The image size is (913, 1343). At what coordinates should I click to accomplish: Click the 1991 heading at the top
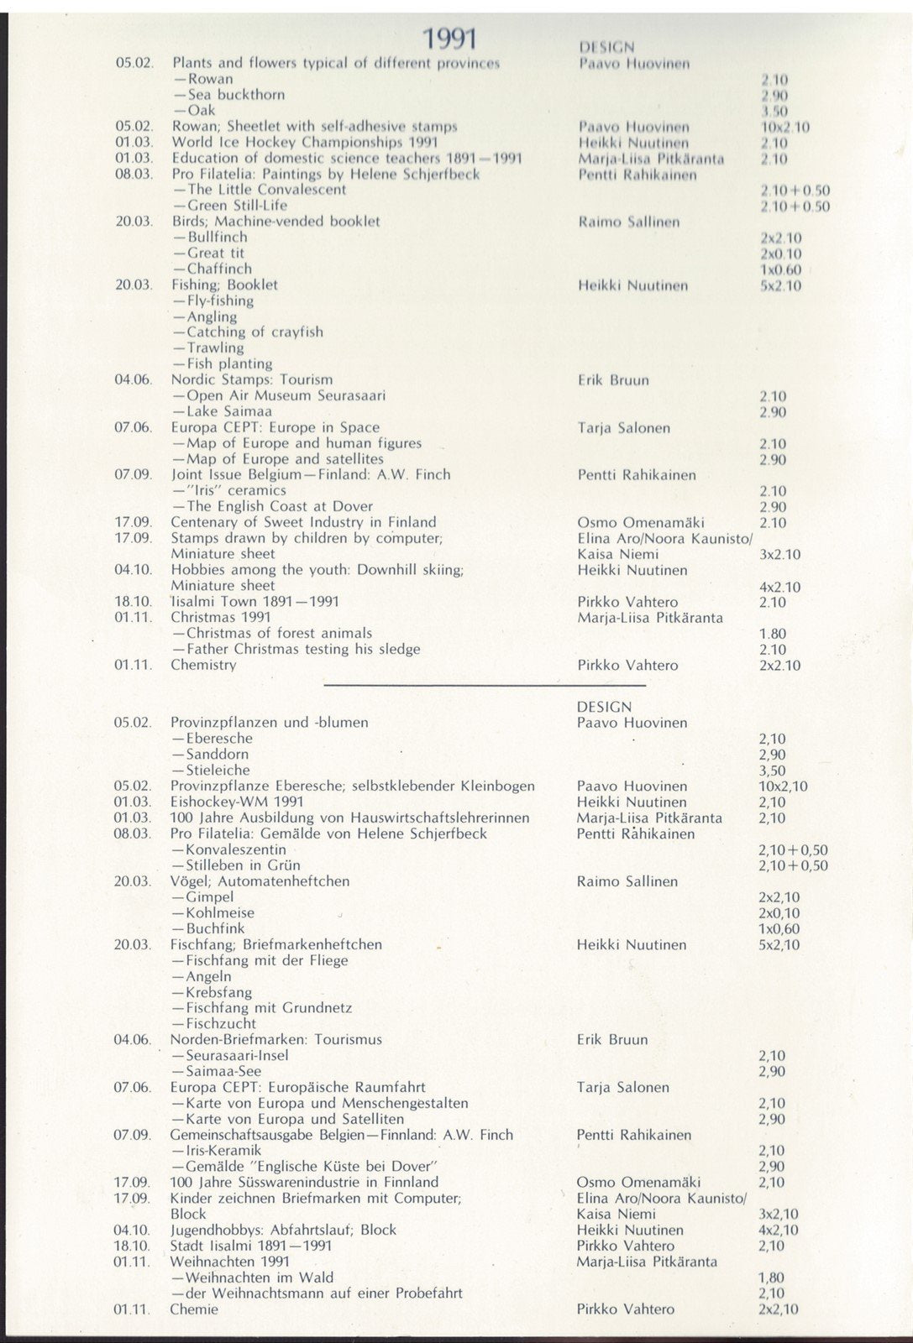tap(449, 39)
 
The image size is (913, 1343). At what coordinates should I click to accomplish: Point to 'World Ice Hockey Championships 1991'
tap(304, 142)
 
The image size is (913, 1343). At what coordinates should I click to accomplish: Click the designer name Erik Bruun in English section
tap(613, 380)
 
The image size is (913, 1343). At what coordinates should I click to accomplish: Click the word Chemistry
tap(203, 665)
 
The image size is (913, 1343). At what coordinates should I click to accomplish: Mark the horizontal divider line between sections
tap(485, 686)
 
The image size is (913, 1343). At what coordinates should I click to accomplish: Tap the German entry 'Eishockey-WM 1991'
tap(237, 802)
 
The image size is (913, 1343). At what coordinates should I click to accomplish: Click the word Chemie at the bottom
tap(194, 1309)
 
